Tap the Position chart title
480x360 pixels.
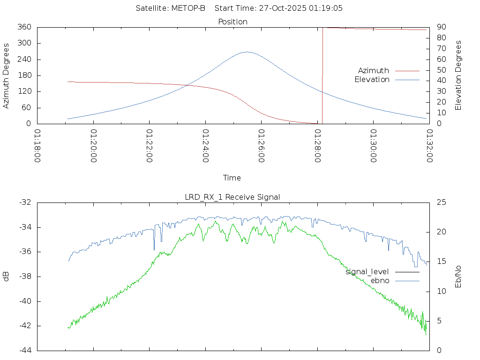(233, 22)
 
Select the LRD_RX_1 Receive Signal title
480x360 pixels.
(232, 197)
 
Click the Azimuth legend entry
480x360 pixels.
(374, 70)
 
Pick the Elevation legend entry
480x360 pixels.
(372, 80)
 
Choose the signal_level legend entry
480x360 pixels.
(367, 271)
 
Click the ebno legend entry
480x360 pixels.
(380, 280)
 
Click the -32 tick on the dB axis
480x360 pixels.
(25, 202)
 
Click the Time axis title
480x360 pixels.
(232, 178)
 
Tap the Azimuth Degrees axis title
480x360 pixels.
(7, 75)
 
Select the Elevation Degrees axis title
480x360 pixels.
(458, 75)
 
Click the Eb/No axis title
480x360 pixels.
(458, 277)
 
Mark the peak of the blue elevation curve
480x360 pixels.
(247, 52)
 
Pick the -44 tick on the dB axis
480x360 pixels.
(25, 350)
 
